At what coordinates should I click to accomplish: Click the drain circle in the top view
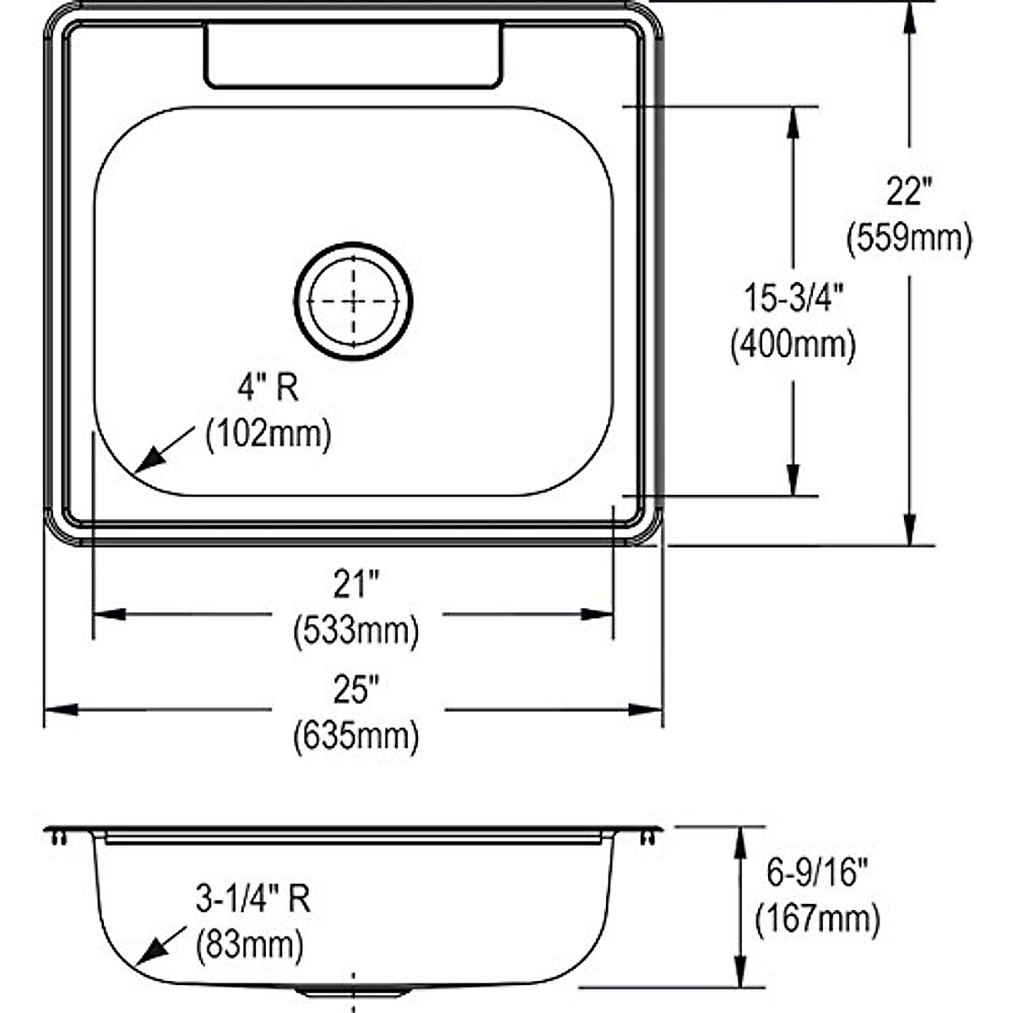tap(353, 301)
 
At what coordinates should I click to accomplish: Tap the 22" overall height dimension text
tap(908, 192)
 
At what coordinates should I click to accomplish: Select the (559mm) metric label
tap(909, 239)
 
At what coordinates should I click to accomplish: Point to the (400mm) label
tap(793, 344)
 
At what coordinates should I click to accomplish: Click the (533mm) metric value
tap(355, 631)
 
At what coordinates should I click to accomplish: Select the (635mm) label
tap(355, 737)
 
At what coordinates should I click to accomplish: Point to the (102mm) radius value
tap(268, 435)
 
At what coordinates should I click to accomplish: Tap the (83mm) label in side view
tap(250, 945)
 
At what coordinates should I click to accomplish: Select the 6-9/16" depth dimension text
tap(817, 874)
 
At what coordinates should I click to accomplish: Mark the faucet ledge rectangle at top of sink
tap(353, 56)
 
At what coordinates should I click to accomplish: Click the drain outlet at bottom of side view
tap(353, 992)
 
